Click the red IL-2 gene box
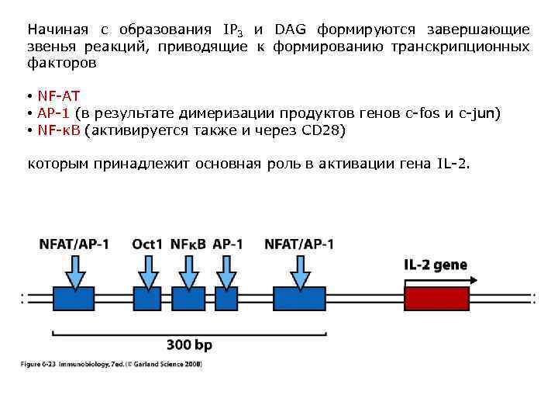tap(437, 299)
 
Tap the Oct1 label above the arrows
tap(147, 244)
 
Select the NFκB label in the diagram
tap(188, 244)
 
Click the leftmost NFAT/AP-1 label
tap(74, 244)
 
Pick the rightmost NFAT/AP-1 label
tap(299, 244)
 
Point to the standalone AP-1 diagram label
tap(227, 244)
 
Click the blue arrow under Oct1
tap(146, 271)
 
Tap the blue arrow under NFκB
tap(188, 271)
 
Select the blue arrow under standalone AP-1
tap(226, 271)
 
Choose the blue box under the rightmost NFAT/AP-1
tap(299, 299)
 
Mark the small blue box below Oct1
tap(146, 299)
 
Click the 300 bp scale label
tap(189, 345)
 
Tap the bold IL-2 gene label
tap(436, 265)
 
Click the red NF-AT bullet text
tap(59, 97)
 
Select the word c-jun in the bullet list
tap(480, 114)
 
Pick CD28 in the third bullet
tap(321, 130)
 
